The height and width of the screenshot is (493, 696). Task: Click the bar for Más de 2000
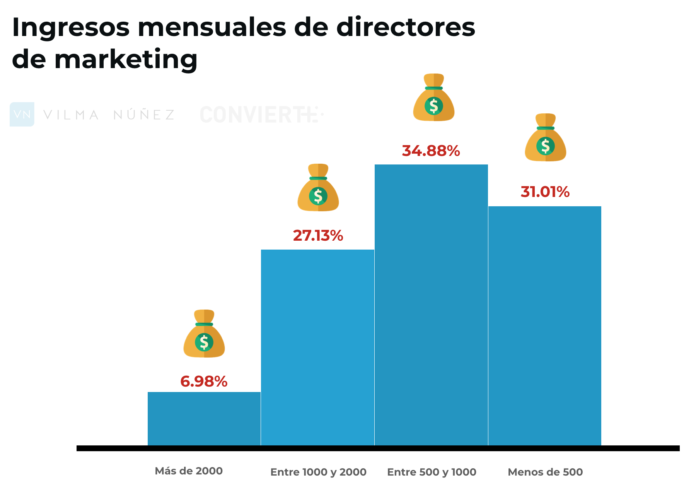coord(204,419)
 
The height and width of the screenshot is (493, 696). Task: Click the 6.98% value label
coord(204,382)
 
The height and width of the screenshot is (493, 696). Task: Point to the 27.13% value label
coord(318,236)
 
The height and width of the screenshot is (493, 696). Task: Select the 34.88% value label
coord(431,151)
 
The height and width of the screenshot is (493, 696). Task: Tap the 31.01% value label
coord(545,192)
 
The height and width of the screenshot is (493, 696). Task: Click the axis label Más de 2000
coord(189,471)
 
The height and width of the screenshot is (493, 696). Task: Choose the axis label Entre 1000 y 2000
coord(318,472)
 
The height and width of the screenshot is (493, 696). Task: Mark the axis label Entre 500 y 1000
coord(432,472)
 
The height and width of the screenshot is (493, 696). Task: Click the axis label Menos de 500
coord(545,472)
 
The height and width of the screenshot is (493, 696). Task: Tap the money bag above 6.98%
coord(204,334)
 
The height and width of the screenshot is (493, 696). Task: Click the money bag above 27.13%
coord(318,188)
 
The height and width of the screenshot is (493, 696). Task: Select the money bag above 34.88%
coord(434,98)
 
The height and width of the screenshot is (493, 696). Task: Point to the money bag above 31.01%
coord(546,138)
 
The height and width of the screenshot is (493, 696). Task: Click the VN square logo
coord(22,114)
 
